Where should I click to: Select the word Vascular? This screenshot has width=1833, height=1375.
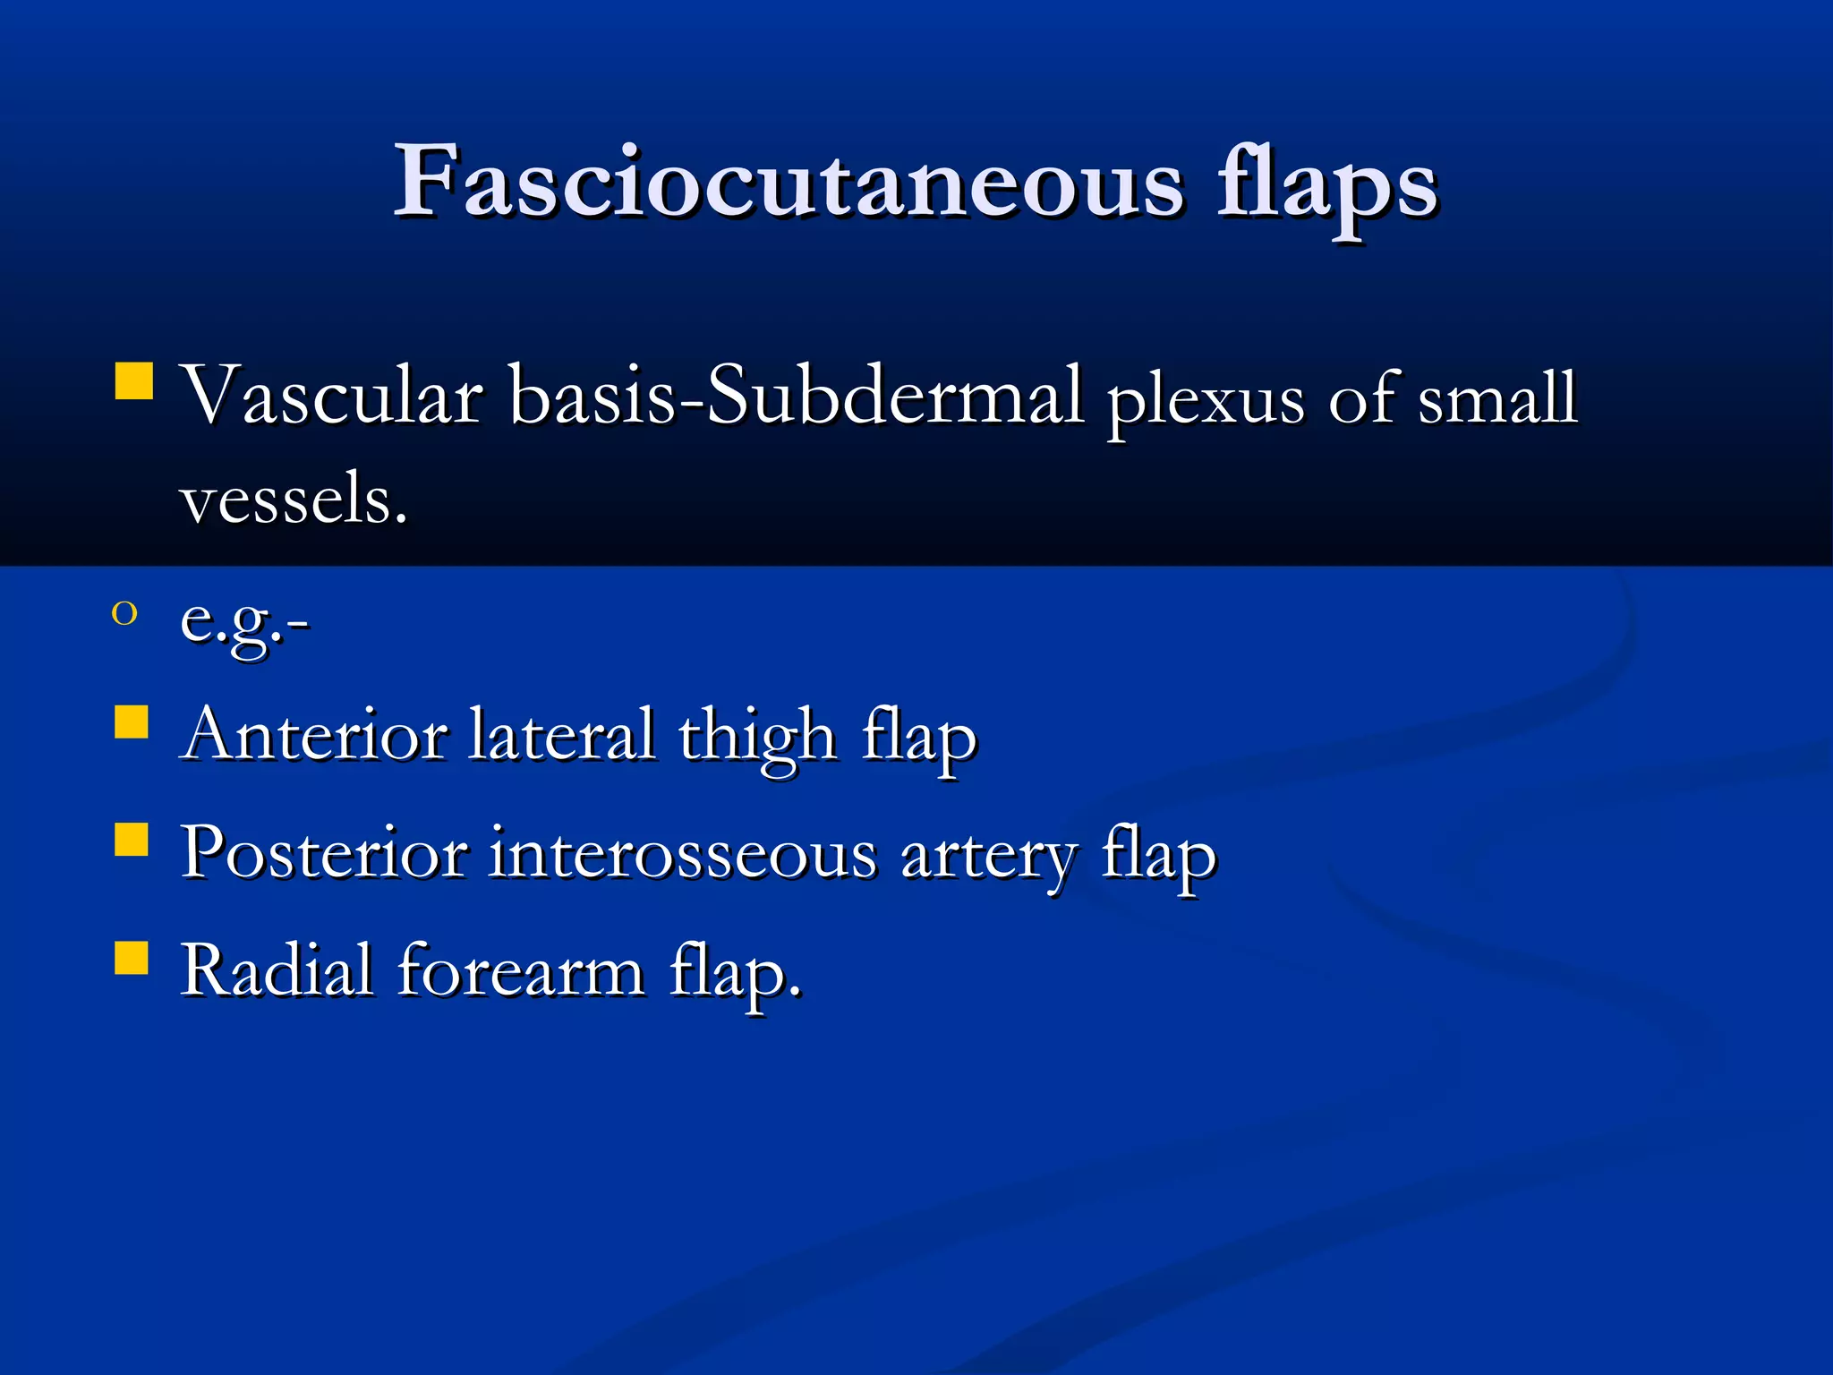tap(332, 396)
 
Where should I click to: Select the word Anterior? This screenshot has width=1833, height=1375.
tap(314, 735)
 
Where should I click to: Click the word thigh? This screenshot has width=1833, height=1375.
tap(757, 738)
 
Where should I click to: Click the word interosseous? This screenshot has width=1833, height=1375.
tap(683, 854)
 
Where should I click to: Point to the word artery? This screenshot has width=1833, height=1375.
tap(988, 858)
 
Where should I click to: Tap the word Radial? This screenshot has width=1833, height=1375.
tap(277, 970)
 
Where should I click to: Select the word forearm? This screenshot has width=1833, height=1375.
tap(521, 970)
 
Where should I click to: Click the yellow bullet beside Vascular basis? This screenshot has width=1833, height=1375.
tap(134, 380)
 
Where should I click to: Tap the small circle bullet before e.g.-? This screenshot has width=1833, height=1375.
tap(124, 614)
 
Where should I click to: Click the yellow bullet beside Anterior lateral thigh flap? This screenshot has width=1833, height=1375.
tap(132, 722)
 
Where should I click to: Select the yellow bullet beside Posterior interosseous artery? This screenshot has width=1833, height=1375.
tap(132, 840)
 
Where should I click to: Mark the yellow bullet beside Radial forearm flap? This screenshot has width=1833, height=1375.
tap(132, 956)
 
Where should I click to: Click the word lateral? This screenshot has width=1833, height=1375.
tap(561, 735)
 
